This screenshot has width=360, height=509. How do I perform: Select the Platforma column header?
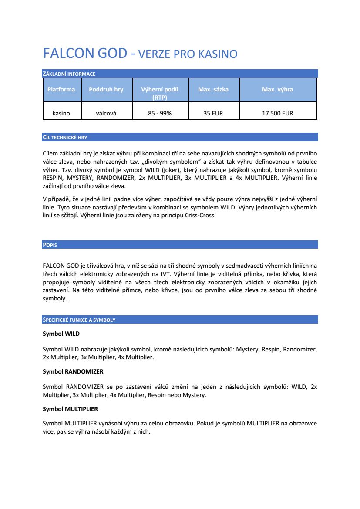click(x=61, y=89)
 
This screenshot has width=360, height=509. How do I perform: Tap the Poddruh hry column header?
click(x=106, y=89)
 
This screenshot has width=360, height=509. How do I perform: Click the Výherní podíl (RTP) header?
click(x=160, y=93)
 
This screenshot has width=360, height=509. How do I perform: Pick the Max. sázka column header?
click(x=213, y=89)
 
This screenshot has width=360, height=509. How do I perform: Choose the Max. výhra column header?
click(x=277, y=89)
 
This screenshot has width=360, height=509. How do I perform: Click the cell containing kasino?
click(x=61, y=113)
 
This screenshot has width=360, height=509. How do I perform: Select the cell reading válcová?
click(x=106, y=113)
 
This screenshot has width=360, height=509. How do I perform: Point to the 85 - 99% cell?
click(x=160, y=113)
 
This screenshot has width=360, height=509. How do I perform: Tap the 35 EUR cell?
click(x=213, y=113)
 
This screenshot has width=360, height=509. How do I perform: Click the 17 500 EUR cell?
click(x=277, y=113)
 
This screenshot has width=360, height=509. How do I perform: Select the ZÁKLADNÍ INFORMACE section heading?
click(x=69, y=74)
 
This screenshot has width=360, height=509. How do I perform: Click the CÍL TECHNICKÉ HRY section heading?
click(x=65, y=137)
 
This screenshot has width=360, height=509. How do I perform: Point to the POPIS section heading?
click(x=50, y=245)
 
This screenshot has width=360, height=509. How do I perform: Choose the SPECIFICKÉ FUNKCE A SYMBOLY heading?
click(x=79, y=320)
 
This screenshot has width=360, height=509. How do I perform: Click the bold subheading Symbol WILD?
click(x=61, y=334)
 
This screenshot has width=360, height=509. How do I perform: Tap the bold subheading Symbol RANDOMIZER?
click(x=73, y=371)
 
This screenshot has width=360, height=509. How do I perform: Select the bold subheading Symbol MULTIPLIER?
click(x=70, y=409)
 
